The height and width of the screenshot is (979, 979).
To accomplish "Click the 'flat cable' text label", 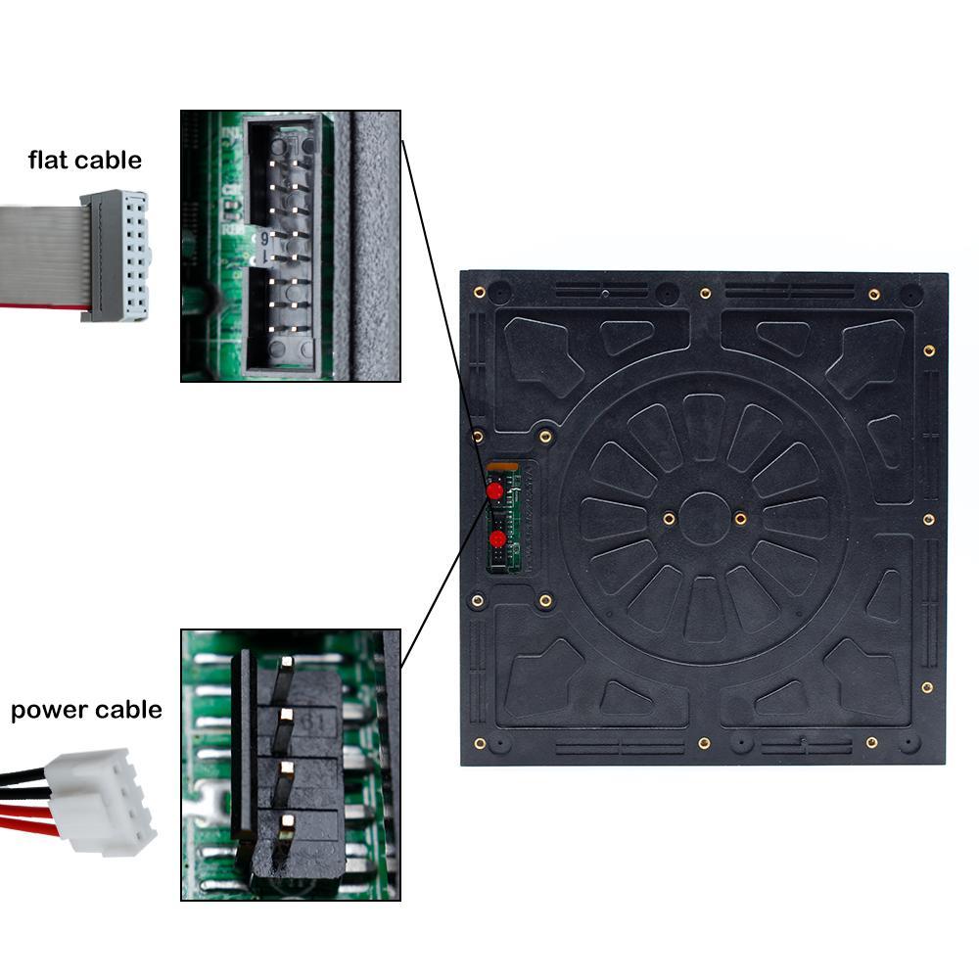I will (84, 160).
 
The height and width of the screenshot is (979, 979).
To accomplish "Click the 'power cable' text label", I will (86, 709).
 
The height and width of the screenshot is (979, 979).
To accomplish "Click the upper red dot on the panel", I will (495, 489).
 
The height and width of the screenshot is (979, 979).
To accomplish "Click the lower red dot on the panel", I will (497, 538).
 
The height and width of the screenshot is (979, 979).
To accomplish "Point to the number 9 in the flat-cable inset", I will (264, 237).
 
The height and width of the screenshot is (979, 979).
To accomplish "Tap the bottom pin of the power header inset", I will (285, 828).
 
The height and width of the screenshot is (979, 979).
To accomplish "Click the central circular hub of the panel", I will (704, 519).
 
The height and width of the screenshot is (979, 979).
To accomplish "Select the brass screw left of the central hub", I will (669, 518).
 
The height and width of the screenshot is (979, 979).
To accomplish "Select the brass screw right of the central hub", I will (740, 518).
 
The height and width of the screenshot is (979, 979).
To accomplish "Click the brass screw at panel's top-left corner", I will (480, 292).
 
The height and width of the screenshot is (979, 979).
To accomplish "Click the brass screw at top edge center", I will (705, 293).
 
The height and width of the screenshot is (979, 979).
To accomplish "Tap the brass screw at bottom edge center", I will (704, 744).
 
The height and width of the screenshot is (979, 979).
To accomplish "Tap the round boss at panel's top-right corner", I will (910, 294).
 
